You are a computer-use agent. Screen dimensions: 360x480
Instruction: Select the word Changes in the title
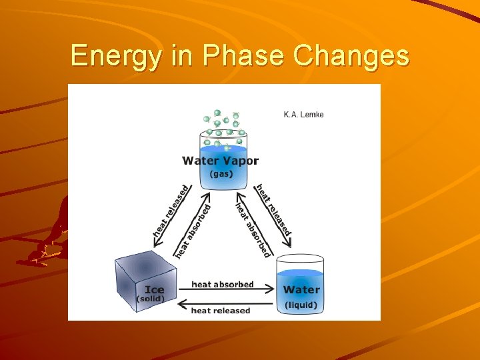(x=352, y=56)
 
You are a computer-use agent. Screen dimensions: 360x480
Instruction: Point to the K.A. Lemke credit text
(x=304, y=115)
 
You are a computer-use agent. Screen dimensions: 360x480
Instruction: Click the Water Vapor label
(x=221, y=161)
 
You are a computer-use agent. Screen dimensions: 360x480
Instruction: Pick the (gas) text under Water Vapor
(x=221, y=173)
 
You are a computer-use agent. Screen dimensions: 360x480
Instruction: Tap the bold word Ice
(x=155, y=290)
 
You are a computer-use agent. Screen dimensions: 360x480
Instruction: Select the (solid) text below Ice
(x=151, y=299)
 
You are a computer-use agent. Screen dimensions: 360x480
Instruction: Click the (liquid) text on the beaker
(x=301, y=305)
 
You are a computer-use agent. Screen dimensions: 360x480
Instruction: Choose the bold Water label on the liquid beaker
(x=301, y=290)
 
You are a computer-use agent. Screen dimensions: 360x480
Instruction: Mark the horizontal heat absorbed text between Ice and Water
(x=223, y=285)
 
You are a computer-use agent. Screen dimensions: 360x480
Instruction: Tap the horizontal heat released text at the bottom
(x=221, y=311)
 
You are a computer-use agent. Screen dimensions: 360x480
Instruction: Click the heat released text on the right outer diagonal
(x=274, y=209)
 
